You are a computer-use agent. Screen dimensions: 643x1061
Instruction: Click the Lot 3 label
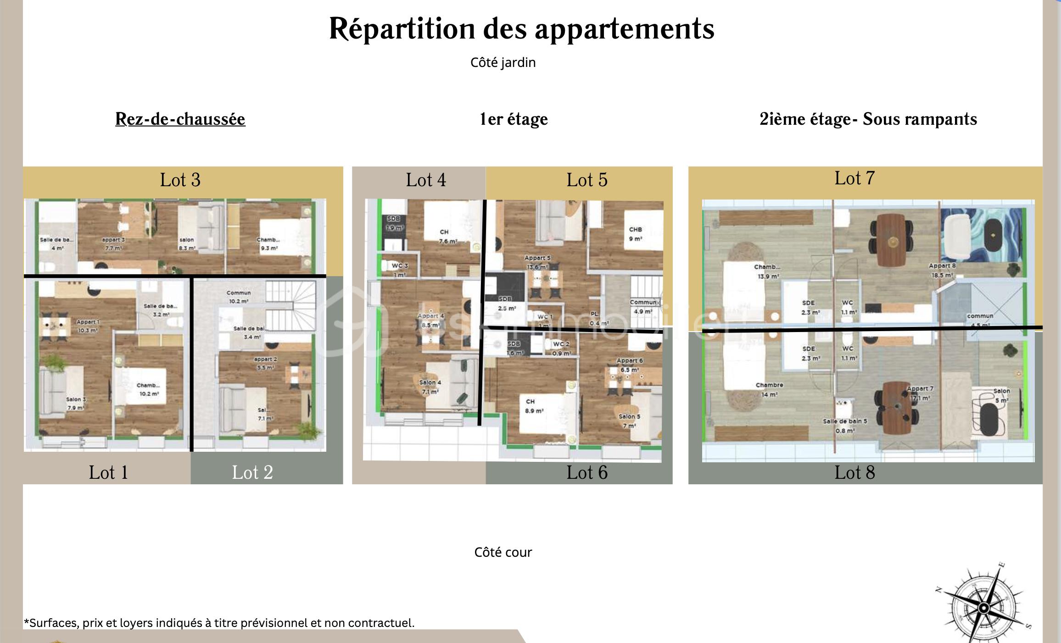(180, 180)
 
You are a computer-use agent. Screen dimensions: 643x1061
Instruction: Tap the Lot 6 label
(586, 473)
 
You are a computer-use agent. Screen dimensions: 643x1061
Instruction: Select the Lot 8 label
(854, 473)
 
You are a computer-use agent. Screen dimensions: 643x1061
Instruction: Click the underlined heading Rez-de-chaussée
(180, 119)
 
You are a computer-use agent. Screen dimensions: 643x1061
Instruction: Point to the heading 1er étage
(514, 119)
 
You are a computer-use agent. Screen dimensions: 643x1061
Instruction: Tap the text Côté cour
(503, 552)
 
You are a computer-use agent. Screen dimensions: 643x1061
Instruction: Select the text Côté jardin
(503, 62)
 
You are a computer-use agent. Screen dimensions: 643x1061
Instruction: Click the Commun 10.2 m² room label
(239, 297)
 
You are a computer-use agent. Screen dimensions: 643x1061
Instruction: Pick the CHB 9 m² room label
(636, 234)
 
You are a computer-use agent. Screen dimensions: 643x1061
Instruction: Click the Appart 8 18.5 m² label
(942, 270)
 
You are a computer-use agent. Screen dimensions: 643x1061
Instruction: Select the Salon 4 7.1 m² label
(430, 387)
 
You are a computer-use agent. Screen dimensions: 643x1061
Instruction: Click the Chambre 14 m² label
(769, 389)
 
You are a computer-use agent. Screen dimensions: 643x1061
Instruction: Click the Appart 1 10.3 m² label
(87, 326)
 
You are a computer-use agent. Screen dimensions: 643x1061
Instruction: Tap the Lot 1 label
(108, 473)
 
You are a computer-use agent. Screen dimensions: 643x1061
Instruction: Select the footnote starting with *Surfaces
(219, 623)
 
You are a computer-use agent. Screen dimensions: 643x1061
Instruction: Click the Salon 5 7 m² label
(629, 421)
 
